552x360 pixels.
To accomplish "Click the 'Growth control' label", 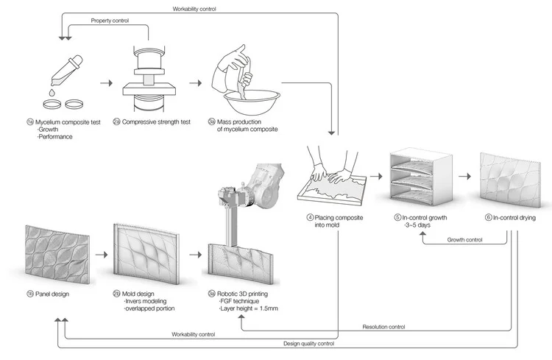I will tap(465, 239).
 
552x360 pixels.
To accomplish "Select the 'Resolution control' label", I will tap(383, 326).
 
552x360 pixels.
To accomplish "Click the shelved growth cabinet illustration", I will tap(420, 179).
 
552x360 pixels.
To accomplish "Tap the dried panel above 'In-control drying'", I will tap(509, 179).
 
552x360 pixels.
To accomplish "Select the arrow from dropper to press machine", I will tap(105, 84).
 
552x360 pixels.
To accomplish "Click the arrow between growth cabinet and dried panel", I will tap(465, 177).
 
